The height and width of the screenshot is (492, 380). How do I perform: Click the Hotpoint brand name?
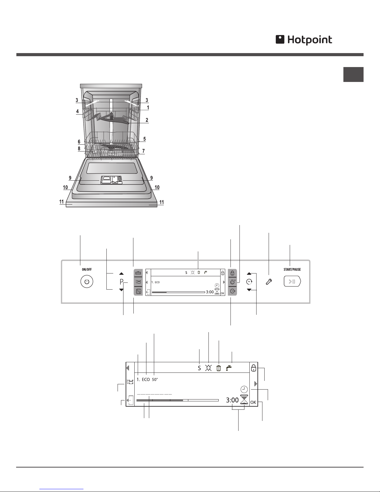coord(310,40)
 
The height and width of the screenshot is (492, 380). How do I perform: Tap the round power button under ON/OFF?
coord(87,282)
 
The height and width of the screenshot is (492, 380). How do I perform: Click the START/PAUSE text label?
coord(292,269)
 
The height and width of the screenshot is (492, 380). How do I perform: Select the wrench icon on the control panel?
coord(269,282)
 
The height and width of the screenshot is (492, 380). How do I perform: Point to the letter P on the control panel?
coord(122,282)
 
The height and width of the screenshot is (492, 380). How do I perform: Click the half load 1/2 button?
coord(138,291)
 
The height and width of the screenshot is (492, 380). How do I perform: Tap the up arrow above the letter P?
coord(122,273)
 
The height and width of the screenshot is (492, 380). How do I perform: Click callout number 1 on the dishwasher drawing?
coord(148,107)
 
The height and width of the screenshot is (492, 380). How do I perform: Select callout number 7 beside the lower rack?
coord(143,151)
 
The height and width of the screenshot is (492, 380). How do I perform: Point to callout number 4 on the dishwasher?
coord(77,111)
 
